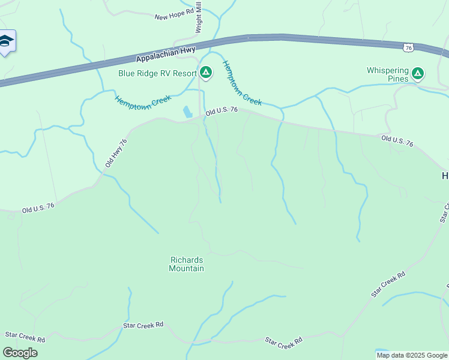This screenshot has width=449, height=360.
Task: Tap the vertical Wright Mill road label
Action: click(199, 17)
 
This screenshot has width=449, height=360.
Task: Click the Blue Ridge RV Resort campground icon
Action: click(206, 73)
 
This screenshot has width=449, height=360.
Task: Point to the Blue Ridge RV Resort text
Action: click(157, 74)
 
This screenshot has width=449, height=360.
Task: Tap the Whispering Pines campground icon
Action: click(418, 74)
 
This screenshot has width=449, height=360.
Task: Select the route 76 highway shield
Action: click(409, 47)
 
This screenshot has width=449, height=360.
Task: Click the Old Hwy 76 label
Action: click(116, 154)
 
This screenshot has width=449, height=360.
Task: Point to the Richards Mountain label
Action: click(187, 264)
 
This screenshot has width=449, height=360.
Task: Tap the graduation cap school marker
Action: click(6, 41)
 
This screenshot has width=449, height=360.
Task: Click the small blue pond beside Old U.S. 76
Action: click(187, 112)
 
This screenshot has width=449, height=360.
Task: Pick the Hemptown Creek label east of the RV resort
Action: click(242, 83)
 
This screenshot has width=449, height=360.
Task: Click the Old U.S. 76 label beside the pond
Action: click(222, 111)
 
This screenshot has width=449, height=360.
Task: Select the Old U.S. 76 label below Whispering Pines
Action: click(397, 141)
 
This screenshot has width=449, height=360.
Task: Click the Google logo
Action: click(20, 353)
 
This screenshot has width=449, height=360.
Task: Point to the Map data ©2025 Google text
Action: click(412, 355)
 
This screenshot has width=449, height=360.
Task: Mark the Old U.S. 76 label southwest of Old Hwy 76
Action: click(38, 208)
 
